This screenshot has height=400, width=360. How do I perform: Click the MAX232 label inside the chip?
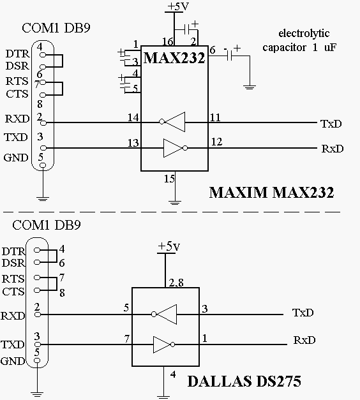[x=174, y=58]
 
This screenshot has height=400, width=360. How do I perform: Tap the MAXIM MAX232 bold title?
[x=272, y=193]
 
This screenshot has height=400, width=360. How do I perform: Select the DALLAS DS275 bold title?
[x=244, y=381]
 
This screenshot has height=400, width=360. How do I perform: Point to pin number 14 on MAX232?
[x=133, y=117]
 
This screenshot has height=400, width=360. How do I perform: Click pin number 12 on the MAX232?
[x=216, y=142]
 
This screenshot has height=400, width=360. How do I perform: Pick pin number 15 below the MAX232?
[x=169, y=179]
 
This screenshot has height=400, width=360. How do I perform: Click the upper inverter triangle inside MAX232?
[x=172, y=122]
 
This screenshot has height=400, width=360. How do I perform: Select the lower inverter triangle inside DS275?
[x=164, y=344]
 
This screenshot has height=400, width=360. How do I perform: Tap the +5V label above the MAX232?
[x=178, y=6]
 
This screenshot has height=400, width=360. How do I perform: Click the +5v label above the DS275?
[x=169, y=246]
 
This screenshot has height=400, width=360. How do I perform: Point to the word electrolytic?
[x=304, y=33]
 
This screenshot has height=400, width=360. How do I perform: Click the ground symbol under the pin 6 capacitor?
[x=250, y=87]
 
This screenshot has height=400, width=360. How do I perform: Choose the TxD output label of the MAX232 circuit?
[x=331, y=124]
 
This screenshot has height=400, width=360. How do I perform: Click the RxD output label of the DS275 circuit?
[x=304, y=340]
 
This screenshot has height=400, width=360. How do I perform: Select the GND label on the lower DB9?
[x=13, y=361]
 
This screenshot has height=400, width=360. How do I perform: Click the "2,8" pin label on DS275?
[x=176, y=283]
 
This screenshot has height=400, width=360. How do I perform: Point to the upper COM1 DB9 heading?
[x=56, y=28]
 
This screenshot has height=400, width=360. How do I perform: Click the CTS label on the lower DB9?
[x=13, y=292]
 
